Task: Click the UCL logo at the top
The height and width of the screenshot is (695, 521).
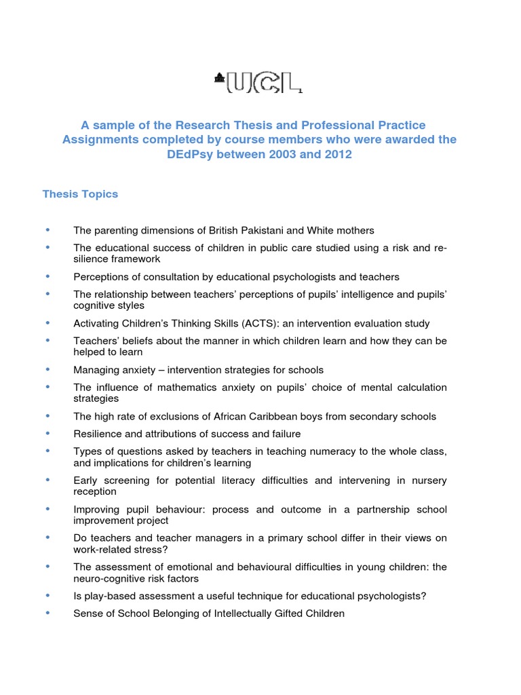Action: [x=258, y=81]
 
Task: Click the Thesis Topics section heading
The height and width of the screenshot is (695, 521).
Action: [x=80, y=194]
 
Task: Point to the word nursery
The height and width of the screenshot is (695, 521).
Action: [x=427, y=481]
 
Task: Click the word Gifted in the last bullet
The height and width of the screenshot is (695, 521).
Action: [x=282, y=614]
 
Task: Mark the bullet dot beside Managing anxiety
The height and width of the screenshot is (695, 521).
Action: [x=48, y=370]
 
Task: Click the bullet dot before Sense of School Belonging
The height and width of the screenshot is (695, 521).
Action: [x=48, y=614]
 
